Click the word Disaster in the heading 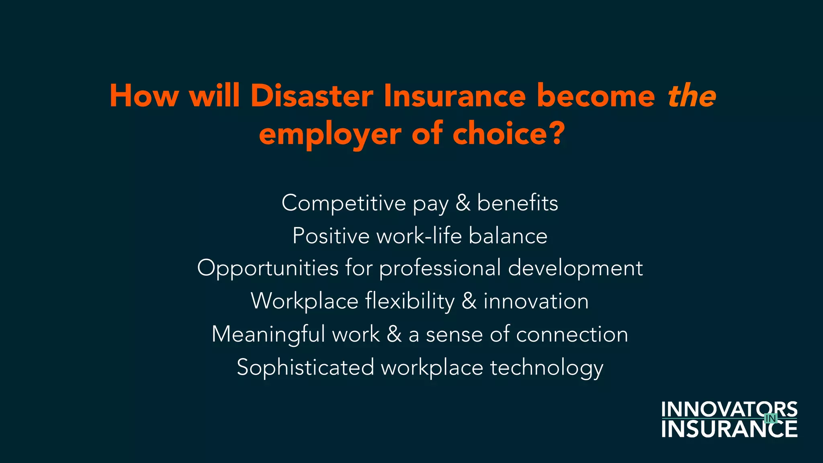(x=312, y=96)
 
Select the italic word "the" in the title (x=692, y=96)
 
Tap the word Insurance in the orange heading (x=454, y=96)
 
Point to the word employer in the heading (x=330, y=135)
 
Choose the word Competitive (x=344, y=203)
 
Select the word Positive (x=331, y=236)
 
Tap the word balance (x=508, y=236)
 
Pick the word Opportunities (x=268, y=268)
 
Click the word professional (x=440, y=268)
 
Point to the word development (x=575, y=268)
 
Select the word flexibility (x=410, y=301)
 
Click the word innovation (x=536, y=301)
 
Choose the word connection (x=572, y=334)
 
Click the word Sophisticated (x=305, y=367)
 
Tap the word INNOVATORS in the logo (x=729, y=410)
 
